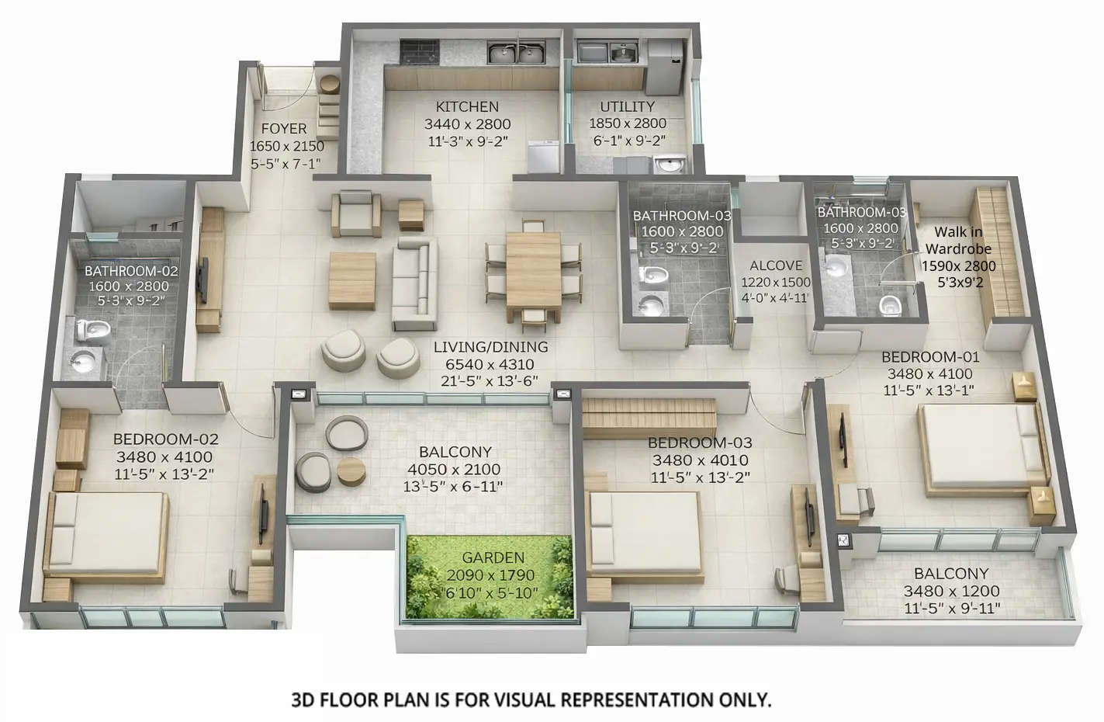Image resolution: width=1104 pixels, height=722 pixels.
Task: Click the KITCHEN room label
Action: point(467,107)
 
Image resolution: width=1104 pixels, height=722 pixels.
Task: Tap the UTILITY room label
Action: point(627,106)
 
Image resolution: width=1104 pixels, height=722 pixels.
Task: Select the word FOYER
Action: point(283,129)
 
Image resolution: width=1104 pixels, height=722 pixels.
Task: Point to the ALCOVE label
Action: point(776,266)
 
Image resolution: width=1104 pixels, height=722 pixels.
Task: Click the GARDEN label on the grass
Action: point(493,557)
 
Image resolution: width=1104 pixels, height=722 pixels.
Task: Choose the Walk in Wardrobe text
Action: point(958,241)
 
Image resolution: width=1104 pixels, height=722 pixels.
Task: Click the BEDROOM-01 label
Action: point(930,357)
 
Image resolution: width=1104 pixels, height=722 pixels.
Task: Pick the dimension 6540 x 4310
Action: point(490,364)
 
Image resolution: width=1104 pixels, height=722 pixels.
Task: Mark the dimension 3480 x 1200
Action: point(951,592)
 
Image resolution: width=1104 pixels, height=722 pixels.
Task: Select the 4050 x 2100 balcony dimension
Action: point(454,470)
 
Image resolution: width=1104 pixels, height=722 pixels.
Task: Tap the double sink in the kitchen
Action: point(515,54)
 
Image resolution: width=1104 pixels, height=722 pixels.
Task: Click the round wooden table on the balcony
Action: point(350,470)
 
